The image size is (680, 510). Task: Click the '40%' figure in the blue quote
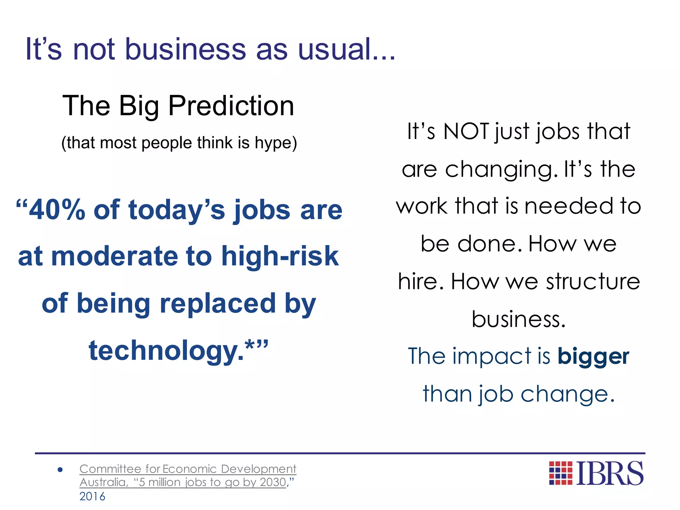click(x=57, y=210)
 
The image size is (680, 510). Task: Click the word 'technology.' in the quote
click(x=166, y=351)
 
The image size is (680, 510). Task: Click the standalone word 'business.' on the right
click(x=519, y=319)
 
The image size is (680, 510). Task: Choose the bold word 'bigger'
click(x=593, y=356)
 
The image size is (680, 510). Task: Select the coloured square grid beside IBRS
click(x=560, y=473)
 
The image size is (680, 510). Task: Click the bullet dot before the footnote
click(x=60, y=469)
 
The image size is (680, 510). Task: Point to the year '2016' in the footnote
click(x=92, y=497)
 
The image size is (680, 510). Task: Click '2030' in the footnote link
click(x=273, y=482)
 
